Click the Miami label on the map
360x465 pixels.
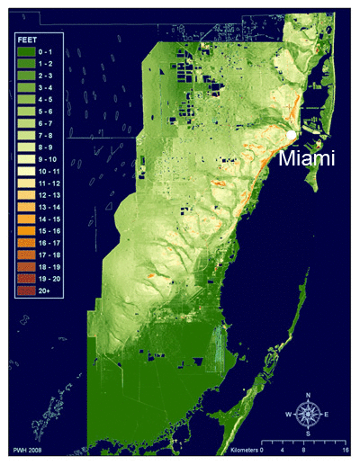point(307,159)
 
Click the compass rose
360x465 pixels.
point(309,413)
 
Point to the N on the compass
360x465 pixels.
point(309,395)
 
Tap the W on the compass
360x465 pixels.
point(289,414)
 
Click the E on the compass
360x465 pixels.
point(328,414)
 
